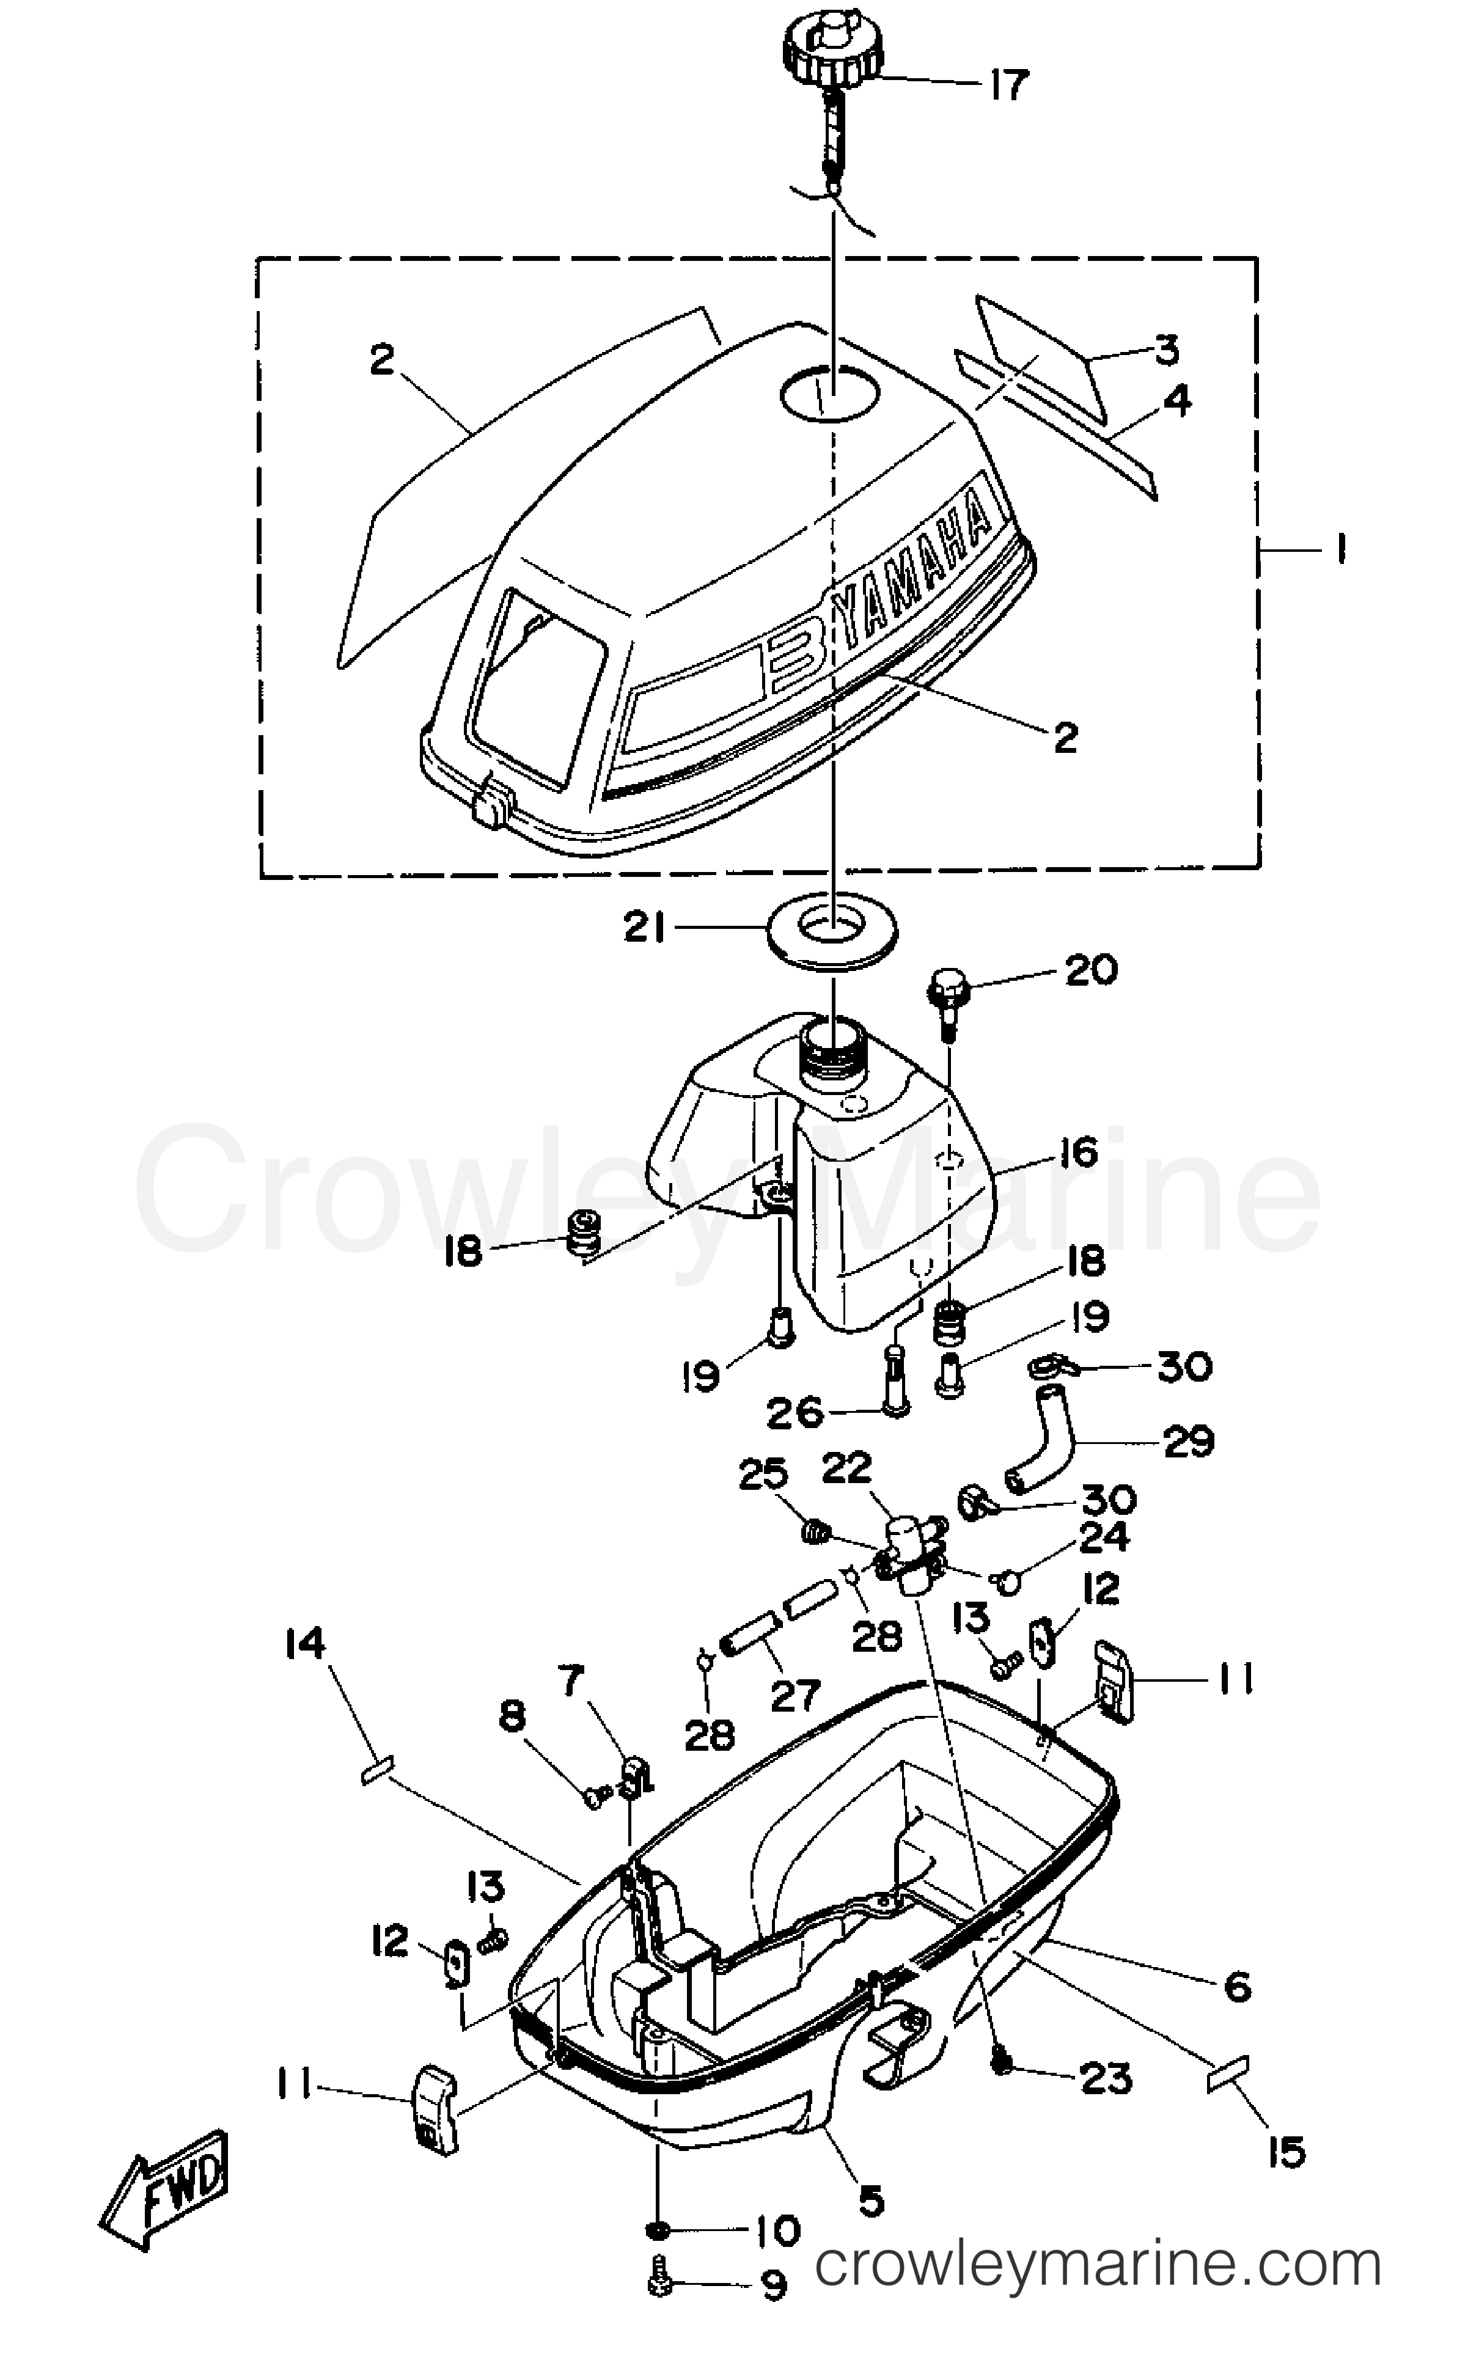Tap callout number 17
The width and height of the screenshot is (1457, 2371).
[x=1008, y=86]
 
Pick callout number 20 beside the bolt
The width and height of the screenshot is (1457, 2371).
[x=1090, y=970]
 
